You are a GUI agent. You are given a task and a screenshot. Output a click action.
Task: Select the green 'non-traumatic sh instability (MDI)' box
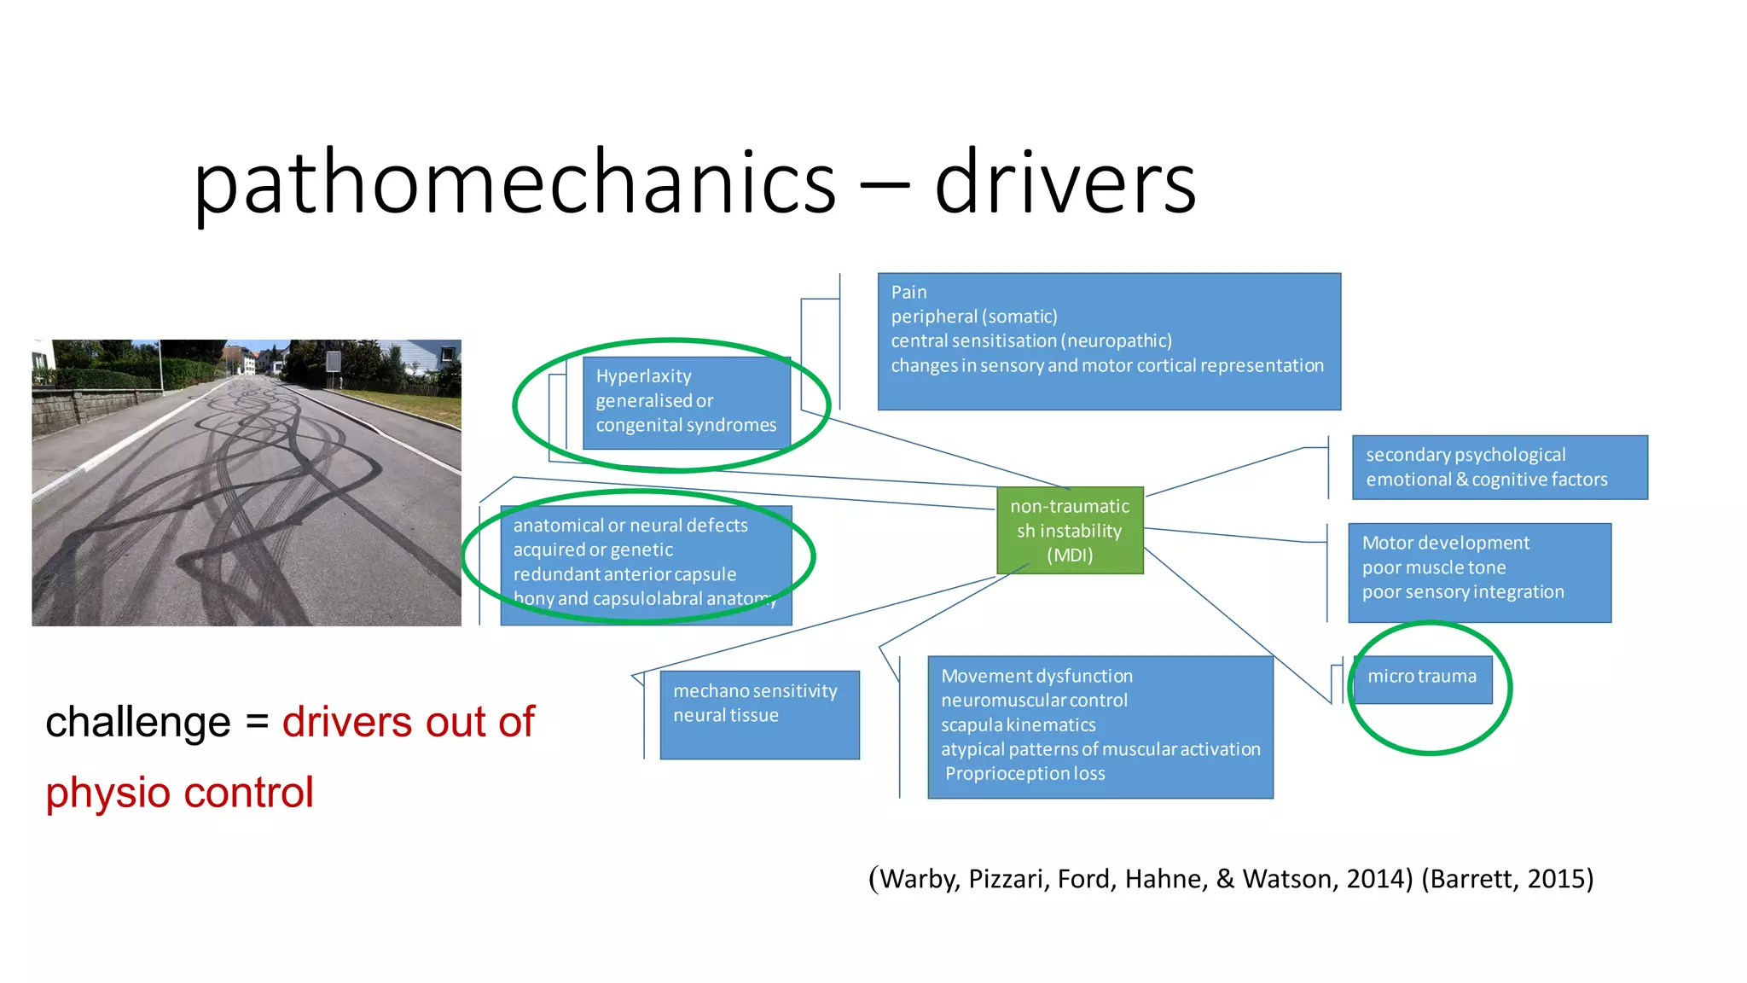pyautogui.click(x=1070, y=531)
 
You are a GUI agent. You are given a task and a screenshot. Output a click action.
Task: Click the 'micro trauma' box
pyautogui.click(x=1422, y=678)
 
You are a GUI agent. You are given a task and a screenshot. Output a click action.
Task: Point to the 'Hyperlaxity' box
pyautogui.click(x=686, y=402)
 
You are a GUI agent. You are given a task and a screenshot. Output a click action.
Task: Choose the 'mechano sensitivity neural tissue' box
pyautogui.click(x=759, y=713)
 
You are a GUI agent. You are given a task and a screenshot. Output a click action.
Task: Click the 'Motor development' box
pyautogui.click(x=1479, y=572)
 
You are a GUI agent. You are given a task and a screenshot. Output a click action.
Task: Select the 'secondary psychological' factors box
pyautogui.click(x=1499, y=467)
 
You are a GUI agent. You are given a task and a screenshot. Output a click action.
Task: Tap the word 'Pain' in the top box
pyautogui.click(x=908, y=293)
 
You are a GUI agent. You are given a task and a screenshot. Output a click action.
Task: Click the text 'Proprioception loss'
pyautogui.click(x=1024, y=774)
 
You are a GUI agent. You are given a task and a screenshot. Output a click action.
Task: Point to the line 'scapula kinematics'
pyautogui.click(x=1018, y=725)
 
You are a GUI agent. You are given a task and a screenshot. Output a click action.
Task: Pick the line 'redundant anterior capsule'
pyautogui.click(x=624, y=574)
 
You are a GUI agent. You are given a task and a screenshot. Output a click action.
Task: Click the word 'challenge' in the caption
pyautogui.click(x=138, y=723)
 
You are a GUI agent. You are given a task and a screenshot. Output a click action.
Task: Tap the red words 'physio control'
pyautogui.click(x=180, y=793)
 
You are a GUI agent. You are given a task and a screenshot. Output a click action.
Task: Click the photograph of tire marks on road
pyautogui.click(x=247, y=483)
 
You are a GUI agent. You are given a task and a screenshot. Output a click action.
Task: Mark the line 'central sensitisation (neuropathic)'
pyautogui.click(x=1031, y=341)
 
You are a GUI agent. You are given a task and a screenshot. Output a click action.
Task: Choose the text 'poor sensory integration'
pyautogui.click(x=1463, y=592)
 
